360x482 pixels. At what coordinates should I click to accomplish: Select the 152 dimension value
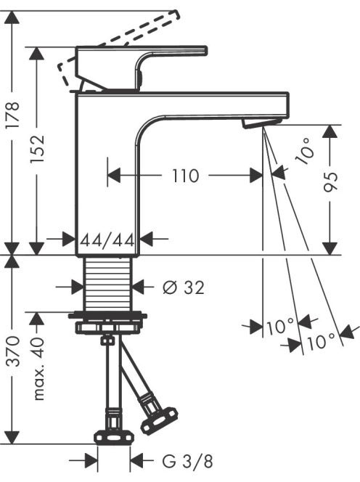tap(38, 149)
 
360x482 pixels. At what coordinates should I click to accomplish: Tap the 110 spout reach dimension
tap(185, 176)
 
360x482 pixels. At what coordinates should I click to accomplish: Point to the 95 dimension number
tap(331, 182)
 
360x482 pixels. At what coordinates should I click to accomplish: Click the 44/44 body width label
tap(107, 240)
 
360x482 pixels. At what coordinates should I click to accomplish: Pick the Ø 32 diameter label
tap(184, 287)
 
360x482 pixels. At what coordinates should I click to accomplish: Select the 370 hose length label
tap(14, 351)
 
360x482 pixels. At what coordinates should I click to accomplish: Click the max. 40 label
tap(38, 369)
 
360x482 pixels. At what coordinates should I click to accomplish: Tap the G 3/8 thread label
tap(187, 462)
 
